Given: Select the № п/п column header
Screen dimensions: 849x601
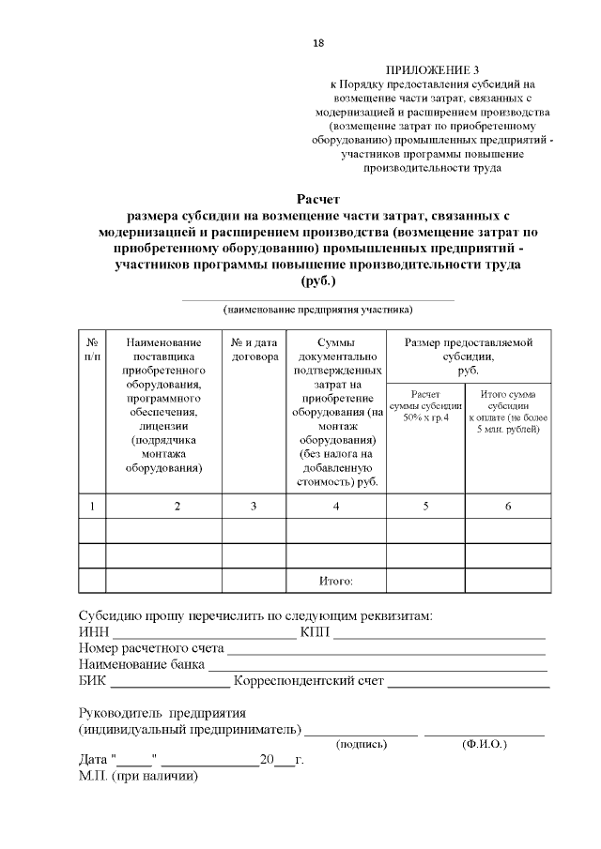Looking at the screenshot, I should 92,350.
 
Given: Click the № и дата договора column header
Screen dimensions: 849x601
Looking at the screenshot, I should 254,350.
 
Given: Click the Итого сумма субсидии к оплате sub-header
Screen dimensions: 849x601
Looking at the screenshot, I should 507,412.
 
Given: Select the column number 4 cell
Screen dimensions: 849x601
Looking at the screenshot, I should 335,507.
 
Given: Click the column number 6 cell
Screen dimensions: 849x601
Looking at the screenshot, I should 507,507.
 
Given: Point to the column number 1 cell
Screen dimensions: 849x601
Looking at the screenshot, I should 92,507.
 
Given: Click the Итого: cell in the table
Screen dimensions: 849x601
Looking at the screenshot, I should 335,582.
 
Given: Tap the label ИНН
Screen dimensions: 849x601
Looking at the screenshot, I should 93,631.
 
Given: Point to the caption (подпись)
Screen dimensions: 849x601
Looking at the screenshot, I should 362,744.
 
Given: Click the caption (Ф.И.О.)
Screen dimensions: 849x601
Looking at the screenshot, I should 485,744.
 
